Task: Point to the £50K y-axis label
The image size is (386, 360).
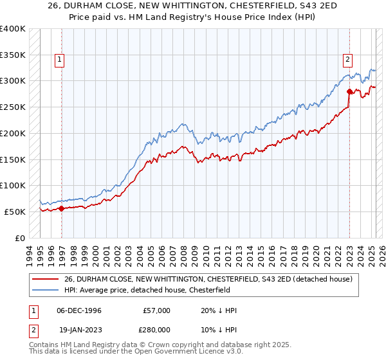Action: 14,212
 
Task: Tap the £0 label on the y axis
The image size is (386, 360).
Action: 19,238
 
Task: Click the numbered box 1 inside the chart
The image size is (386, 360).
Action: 59,60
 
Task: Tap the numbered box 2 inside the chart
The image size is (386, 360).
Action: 347,60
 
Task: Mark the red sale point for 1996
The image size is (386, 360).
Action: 62,208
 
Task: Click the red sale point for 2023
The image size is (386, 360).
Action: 349,91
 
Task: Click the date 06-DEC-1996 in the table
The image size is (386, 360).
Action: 79,310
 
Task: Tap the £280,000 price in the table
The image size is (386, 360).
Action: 157,328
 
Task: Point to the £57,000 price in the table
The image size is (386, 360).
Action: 157,310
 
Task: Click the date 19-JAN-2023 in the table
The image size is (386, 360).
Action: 79,328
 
